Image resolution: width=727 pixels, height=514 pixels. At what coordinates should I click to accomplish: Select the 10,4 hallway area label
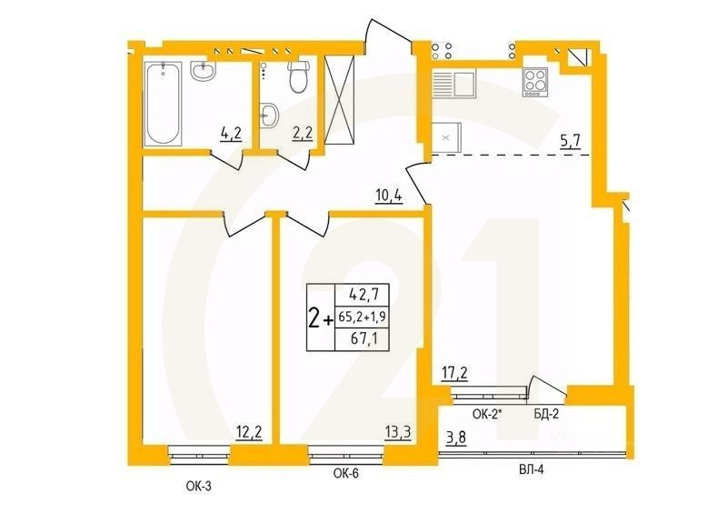click(x=389, y=194)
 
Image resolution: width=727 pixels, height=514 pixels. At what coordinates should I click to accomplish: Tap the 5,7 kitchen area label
click(x=572, y=141)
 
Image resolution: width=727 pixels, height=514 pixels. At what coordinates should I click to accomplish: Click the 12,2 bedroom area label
click(x=249, y=432)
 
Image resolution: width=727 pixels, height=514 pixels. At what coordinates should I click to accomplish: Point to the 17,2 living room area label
click(x=454, y=372)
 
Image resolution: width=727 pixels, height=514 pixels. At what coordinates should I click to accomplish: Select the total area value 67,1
click(x=354, y=339)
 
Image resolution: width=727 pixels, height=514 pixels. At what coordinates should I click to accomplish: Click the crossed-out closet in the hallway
click(x=344, y=99)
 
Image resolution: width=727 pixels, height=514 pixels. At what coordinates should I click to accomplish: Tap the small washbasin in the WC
click(x=269, y=115)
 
